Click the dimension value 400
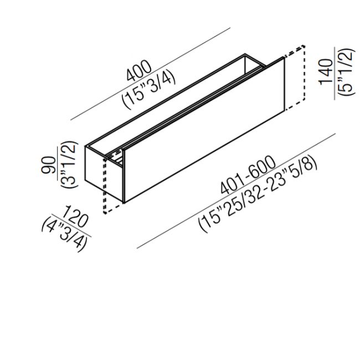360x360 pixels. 139,71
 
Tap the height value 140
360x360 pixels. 326,72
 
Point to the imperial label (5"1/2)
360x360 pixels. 345,72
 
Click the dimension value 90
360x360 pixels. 49,164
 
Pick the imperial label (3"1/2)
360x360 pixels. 69,164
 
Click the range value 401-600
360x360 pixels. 248,174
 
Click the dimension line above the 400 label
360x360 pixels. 151,74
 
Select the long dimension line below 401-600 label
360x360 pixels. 236,191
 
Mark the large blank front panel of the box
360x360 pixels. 204,130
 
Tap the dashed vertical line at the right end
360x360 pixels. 305,73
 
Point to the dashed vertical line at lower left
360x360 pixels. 105,186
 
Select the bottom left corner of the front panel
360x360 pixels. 124,203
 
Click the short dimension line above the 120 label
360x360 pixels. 71,225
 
